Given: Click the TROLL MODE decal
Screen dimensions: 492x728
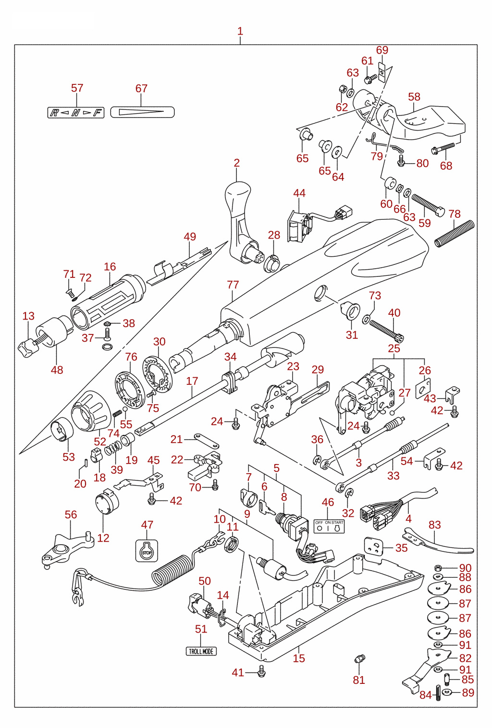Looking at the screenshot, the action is pos(201,651).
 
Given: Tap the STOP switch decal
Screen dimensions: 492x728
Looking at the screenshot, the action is pos(147,550).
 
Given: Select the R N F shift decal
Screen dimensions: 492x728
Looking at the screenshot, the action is pos(76,113).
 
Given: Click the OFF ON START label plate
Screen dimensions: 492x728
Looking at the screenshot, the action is pos(329,526).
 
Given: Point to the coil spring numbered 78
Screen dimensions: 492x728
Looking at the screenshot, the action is pos(455,233).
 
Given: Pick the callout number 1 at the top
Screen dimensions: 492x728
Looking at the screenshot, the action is pos(240,32).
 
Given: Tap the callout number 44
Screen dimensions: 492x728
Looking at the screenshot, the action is pos(299,193).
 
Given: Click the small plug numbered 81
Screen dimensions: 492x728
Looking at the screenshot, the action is pos(359,659).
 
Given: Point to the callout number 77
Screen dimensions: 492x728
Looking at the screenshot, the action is pos(233,285).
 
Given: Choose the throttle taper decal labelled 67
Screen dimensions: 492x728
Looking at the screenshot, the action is pos(143,112).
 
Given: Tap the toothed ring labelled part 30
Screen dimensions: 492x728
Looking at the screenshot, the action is pos(158,374).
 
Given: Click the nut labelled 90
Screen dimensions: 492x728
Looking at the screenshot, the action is pos(438,568).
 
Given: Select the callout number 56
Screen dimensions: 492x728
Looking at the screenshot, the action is pos(71,514).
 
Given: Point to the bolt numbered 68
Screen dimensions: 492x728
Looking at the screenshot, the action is pos(443,148).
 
